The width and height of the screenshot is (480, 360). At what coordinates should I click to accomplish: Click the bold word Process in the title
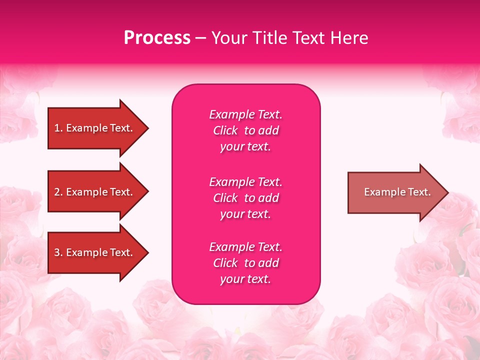coord(157,38)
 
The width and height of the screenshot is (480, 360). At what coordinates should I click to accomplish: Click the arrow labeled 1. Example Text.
coord(95,128)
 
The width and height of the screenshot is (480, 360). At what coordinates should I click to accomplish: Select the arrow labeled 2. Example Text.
coord(95,192)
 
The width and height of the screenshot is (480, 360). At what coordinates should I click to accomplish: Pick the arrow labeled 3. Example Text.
coord(95,252)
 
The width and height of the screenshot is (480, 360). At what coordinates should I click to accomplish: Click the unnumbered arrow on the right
coord(395,192)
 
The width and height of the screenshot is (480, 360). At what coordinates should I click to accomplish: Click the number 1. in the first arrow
coord(58,128)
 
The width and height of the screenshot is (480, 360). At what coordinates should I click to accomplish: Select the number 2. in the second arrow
coord(58,192)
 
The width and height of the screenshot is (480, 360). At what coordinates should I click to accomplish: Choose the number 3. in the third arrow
coord(58,252)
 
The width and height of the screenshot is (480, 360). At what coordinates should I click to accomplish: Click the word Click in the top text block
coord(225,130)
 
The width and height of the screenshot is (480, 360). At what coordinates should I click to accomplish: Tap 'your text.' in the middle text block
coord(245,214)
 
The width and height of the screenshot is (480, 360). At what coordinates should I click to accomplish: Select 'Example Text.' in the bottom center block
coord(245,247)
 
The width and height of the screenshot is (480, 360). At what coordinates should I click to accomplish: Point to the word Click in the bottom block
coord(225,263)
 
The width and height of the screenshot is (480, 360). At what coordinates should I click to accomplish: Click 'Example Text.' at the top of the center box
coord(245,114)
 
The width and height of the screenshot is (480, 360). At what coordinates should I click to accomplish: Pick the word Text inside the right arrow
coord(419,192)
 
